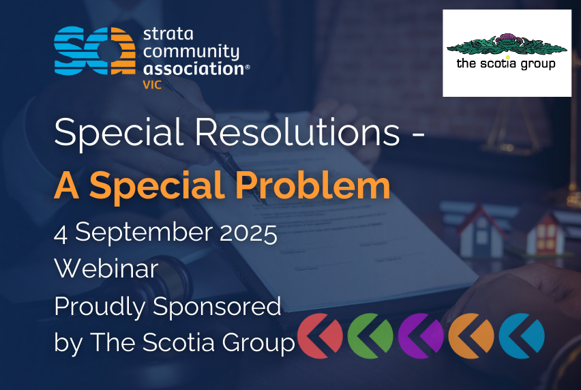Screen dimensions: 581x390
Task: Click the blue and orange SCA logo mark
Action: coord(95,50)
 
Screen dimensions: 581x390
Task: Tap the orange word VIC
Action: coord(152,85)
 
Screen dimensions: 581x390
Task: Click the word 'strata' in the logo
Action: coord(168,34)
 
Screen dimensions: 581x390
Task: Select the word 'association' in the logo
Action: coord(194,69)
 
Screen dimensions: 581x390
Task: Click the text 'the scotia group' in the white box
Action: coord(506,63)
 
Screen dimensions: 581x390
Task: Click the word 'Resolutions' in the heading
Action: coord(297,132)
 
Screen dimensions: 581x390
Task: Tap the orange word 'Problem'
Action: coord(313,185)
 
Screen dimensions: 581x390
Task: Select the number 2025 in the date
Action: coord(248,233)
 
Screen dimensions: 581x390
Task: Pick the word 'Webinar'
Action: coord(106,268)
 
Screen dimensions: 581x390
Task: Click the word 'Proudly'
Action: coord(100,307)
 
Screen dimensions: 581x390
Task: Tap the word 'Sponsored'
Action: coord(217,307)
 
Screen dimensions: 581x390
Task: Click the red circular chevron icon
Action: coord(320,336)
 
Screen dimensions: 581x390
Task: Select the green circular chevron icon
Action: coord(370,336)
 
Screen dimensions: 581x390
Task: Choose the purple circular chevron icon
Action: coord(421,336)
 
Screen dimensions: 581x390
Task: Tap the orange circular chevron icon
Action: coord(471,336)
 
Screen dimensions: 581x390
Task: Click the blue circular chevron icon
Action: coord(522,336)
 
